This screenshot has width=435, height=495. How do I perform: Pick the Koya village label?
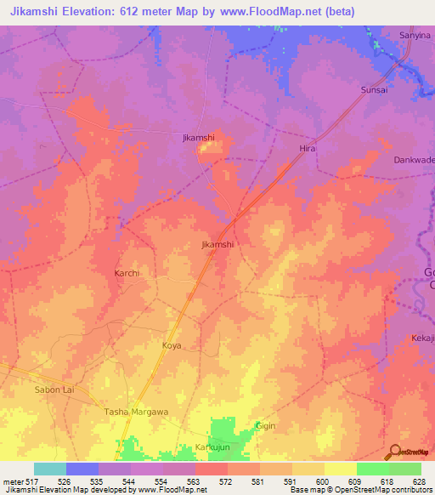pyautogui.click(x=172, y=345)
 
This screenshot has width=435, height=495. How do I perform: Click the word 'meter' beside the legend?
pyautogui.click(x=12, y=481)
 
